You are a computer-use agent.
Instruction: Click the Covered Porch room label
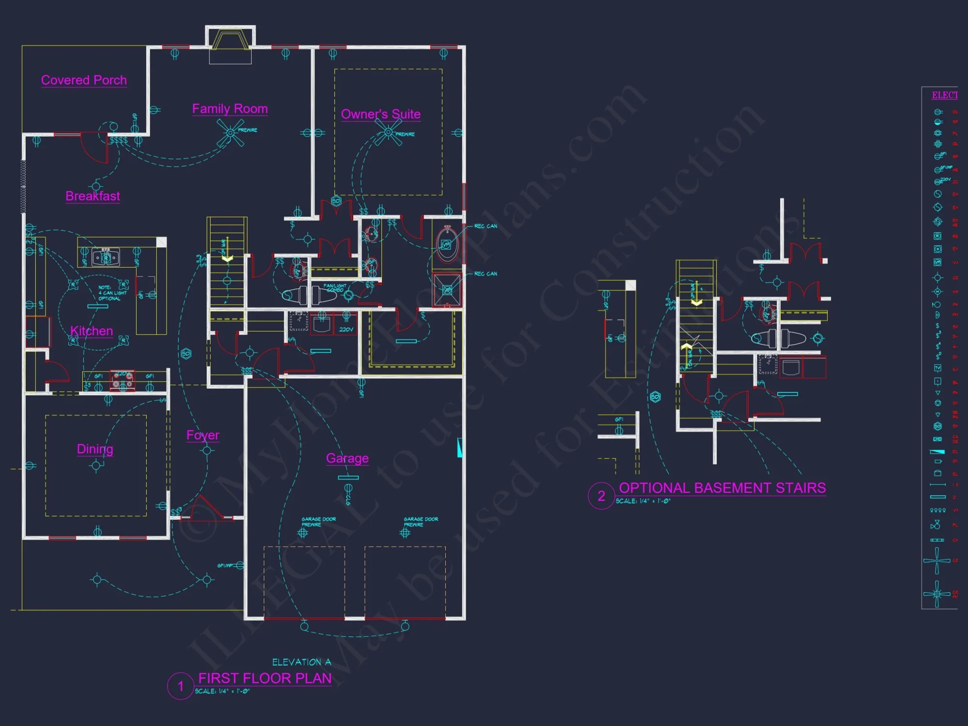click(84, 80)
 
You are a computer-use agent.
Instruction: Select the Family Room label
click(230, 108)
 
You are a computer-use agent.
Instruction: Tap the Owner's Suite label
click(380, 114)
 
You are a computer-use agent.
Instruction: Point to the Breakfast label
click(92, 196)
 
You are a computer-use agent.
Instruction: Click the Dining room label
click(95, 449)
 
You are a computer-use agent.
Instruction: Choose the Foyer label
click(203, 435)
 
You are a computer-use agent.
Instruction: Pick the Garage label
click(347, 458)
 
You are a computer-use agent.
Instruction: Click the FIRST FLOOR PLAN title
click(265, 678)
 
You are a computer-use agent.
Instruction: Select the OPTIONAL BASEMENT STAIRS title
click(722, 488)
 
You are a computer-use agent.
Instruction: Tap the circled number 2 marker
click(601, 496)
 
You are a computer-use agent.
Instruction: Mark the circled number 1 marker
click(181, 686)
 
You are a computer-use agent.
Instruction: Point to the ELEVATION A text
click(302, 662)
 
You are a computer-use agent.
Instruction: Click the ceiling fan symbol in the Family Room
click(230, 133)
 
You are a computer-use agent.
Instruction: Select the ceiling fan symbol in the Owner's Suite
click(388, 133)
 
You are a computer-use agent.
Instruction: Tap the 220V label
click(346, 330)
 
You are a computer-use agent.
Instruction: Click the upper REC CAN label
click(485, 226)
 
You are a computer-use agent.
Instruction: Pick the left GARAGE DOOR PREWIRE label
click(318, 522)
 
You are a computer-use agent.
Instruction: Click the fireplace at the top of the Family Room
click(230, 40)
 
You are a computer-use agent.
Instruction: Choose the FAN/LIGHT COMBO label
click(335, 288)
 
